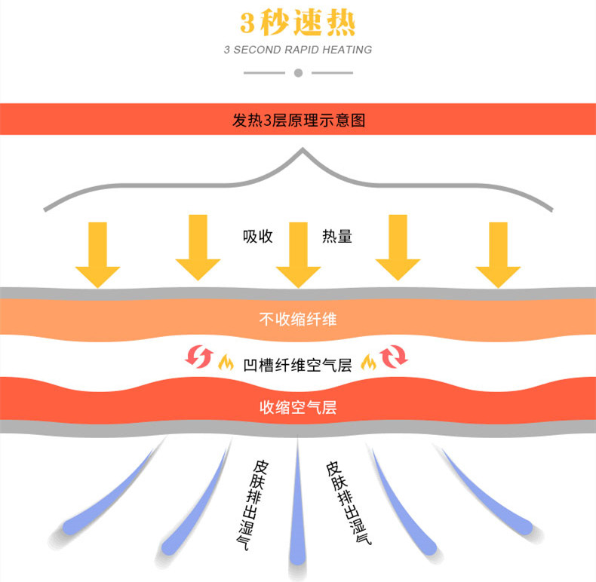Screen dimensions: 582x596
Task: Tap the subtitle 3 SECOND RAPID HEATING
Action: click(x=298, y=50)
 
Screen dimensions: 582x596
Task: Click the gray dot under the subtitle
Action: click(x=298, y=73)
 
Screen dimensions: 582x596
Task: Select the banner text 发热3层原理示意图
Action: click(x=299, y=120)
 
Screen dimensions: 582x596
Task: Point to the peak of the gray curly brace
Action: click(x=303, y=151)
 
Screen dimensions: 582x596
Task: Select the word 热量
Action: click(x=337, y=236)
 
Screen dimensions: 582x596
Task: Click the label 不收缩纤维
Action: click(x=298, y=319)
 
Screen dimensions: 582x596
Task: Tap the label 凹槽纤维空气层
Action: click(x=298, y=365)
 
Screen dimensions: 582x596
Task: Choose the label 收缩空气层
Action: click(x=298, y=408)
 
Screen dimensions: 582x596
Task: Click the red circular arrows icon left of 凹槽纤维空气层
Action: click(x=198, y=357)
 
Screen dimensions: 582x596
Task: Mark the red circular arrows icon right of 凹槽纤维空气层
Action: click(x=394, y=357)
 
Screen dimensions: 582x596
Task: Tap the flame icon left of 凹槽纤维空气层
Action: click(x=225, y=363)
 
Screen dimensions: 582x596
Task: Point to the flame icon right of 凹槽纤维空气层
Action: click(x=368, y=363)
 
